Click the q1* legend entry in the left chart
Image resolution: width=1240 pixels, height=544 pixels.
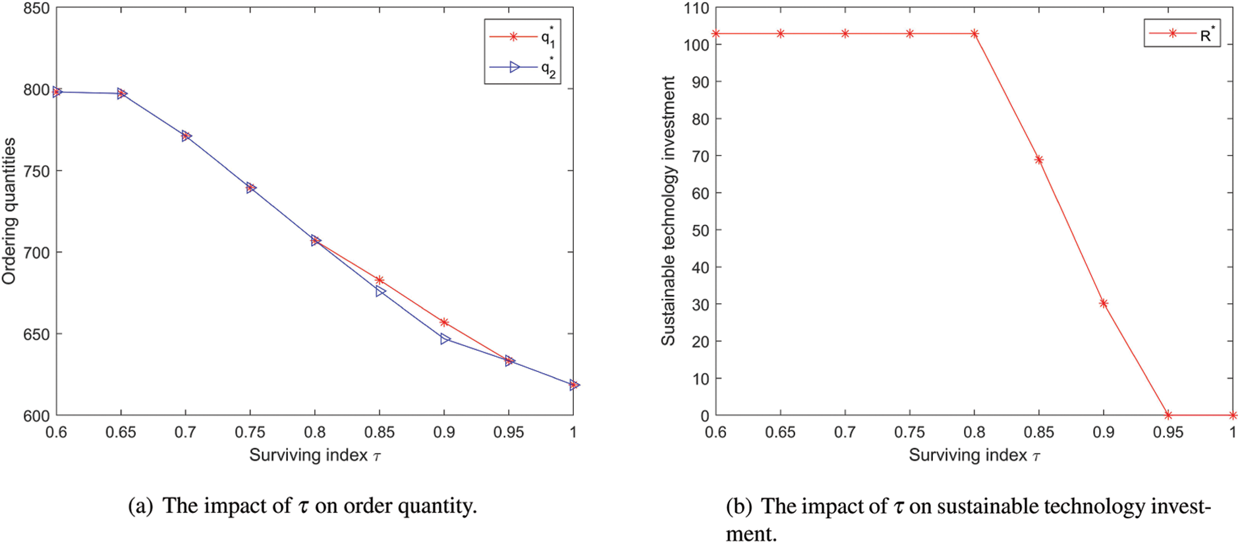tap(522, 37)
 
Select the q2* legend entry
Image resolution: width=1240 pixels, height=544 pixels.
tap(522, 67)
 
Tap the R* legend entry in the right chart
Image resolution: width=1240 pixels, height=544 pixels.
tap(1183, 34)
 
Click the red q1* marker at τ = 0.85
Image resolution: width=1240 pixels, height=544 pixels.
tap(380, 280)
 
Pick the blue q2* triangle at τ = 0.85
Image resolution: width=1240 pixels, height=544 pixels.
tap(380, 291)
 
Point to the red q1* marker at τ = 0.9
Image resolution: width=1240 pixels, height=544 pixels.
tap(444, 322)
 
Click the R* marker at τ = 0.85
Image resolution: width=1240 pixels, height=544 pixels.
tap(1039, 160)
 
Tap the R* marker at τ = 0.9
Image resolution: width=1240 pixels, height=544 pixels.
tap(1104, 303)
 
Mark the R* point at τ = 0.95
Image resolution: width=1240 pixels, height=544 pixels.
tap(1168, 415)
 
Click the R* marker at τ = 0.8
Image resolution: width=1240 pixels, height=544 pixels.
tap(974, 34)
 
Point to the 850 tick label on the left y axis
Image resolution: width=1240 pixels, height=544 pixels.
tap(36, 9)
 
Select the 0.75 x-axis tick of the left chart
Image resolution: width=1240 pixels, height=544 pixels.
tap(250, 433)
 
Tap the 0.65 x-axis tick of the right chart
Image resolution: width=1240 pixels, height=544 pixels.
tap(780, 433)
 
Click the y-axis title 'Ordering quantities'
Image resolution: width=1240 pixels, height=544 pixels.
tap(9, 211)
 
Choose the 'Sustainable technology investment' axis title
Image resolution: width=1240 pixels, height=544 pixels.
tap(669, 211)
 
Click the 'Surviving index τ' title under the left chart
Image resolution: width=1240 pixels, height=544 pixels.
tap(315, 455)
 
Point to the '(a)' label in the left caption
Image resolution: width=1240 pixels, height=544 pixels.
tap(140, 506)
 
